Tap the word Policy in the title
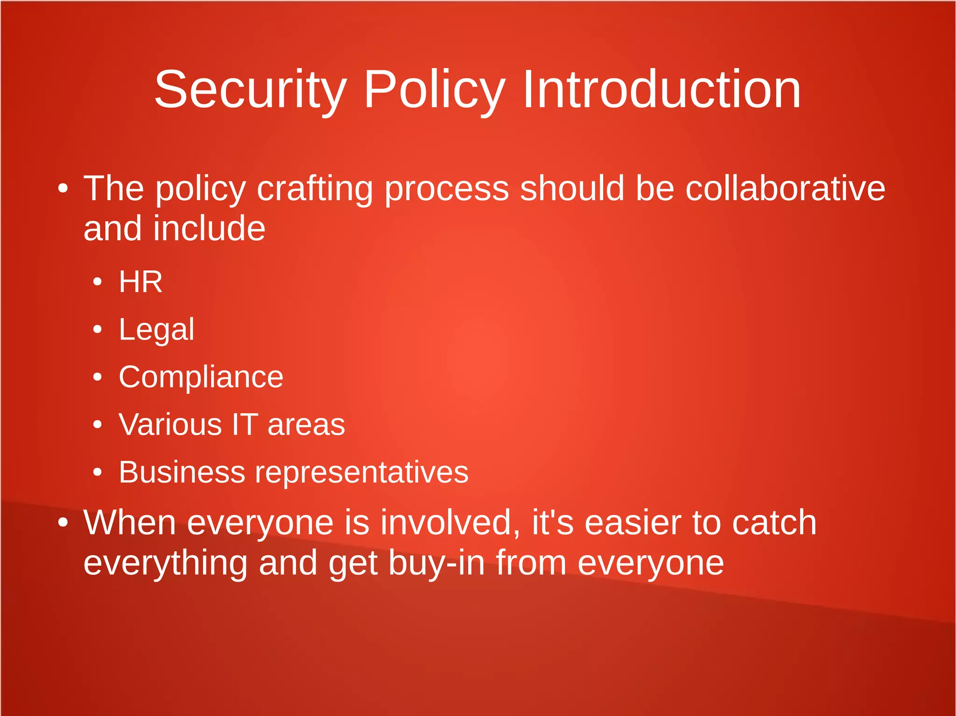click(x=435, y=90)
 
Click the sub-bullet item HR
click(x=141, y=282)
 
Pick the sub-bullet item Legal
click(x=156, y=330)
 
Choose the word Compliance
click(x=201, y=377)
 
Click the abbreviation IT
click(x=245, y=424)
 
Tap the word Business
click(x=182, y=472)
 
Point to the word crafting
click(x=315, y=189)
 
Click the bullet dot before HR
click(x=97, y=282)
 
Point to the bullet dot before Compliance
click(x=97, y=377)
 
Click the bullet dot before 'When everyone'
click(x=63, y=523)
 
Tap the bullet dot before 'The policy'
click(x=63, y=189)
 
